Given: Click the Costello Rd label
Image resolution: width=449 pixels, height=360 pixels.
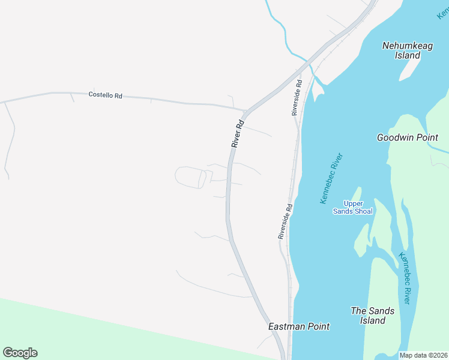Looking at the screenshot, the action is tap(105, 95).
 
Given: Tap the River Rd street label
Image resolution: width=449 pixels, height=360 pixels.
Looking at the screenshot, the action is tap(238, 134).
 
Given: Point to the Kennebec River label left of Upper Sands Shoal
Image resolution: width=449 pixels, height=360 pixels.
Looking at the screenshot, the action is tap(331, 178).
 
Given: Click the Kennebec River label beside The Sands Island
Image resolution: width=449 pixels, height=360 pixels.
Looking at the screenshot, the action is tap(405, 278).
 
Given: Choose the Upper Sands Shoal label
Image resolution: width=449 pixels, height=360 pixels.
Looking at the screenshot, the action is tap(353, 207).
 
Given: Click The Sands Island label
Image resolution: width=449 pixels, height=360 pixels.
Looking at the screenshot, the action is tap(373, 316).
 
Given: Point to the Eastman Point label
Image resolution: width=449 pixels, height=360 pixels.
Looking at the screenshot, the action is tap(298, 326).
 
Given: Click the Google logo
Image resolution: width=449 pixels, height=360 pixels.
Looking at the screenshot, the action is tap(20, 353).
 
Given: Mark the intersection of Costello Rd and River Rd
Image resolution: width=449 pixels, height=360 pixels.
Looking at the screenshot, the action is tap(246, 111).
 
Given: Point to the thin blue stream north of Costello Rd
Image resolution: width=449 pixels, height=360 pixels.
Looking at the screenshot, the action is tap(282, 27).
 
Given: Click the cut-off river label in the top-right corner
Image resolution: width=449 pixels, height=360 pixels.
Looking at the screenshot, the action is tap(443, 13).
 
